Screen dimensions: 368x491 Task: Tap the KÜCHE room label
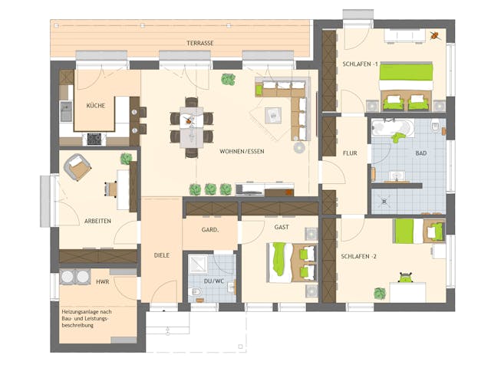pos(96,105)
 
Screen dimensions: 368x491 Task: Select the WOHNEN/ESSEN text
pos(241,151)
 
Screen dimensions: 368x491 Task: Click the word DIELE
pos(161,255)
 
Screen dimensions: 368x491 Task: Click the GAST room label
pos(270,228)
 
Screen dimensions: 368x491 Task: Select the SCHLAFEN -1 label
pos(361,64)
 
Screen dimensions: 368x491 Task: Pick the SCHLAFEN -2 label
pos(360,255)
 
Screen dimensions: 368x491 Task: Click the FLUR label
pos(340,153)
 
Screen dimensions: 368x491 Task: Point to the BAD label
pos(420,153)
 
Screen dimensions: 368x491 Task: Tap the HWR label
pos(102,281)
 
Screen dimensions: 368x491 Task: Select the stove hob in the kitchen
pos(94,139)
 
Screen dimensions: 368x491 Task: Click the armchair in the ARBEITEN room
pos(77,165)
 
